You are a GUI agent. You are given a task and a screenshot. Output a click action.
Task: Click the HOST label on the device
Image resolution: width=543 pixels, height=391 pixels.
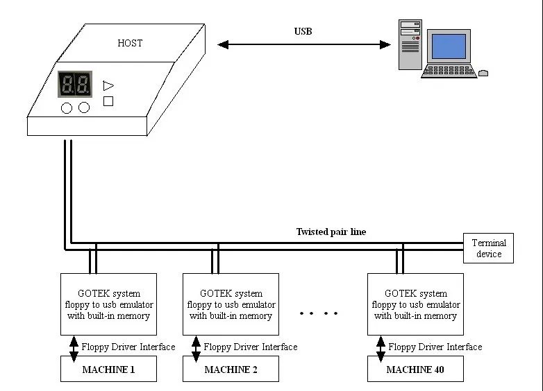[x=130, y=43]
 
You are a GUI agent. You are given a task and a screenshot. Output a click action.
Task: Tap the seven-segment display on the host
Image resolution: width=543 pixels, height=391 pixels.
[x=75, y=84]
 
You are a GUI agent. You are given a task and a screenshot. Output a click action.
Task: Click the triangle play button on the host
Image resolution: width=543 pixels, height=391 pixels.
[x=108, y=86]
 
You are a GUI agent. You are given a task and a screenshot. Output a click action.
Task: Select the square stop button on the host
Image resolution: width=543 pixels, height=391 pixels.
[x=108, y=101]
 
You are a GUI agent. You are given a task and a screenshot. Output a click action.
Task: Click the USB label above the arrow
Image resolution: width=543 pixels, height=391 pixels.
[x=303, y=31]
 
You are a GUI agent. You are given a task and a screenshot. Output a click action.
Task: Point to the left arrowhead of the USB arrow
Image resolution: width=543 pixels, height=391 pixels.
[x=223, y=44]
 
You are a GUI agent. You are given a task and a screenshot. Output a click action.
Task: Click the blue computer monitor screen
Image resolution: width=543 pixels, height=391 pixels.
[x=449, y=46]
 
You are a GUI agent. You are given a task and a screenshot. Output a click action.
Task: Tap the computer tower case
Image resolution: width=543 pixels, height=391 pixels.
[x=410, y=44]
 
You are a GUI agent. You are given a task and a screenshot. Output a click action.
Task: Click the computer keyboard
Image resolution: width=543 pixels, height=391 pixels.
[x=449, y=71]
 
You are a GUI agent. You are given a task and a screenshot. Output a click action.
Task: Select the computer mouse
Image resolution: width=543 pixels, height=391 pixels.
[x=483, y=73]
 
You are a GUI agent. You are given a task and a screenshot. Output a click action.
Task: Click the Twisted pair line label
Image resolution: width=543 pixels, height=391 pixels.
[x=331, y=232]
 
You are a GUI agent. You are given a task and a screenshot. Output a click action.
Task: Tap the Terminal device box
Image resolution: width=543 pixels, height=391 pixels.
[x=488, y=248]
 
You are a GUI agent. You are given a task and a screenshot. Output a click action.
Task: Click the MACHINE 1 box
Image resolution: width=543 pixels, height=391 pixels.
[x=108, y=369]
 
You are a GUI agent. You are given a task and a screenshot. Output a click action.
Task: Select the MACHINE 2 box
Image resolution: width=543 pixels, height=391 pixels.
[x=231, y=369]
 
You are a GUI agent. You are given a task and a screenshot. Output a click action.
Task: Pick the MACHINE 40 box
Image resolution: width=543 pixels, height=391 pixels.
[x=415, y=369]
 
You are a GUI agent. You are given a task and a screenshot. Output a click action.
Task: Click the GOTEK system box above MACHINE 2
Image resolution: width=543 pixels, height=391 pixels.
[x=231, y=304]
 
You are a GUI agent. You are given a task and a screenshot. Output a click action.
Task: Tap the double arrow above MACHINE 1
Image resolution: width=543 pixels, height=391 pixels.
[x=74, y=349]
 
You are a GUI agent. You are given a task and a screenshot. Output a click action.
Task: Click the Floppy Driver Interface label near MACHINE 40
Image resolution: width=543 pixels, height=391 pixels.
[x=435, y=347]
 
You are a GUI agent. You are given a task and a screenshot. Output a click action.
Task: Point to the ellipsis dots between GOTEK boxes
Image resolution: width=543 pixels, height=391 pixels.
[x=319, y=313]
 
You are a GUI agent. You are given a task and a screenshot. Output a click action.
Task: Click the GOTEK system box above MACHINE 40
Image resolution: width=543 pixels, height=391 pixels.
[x=415, y=304]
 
